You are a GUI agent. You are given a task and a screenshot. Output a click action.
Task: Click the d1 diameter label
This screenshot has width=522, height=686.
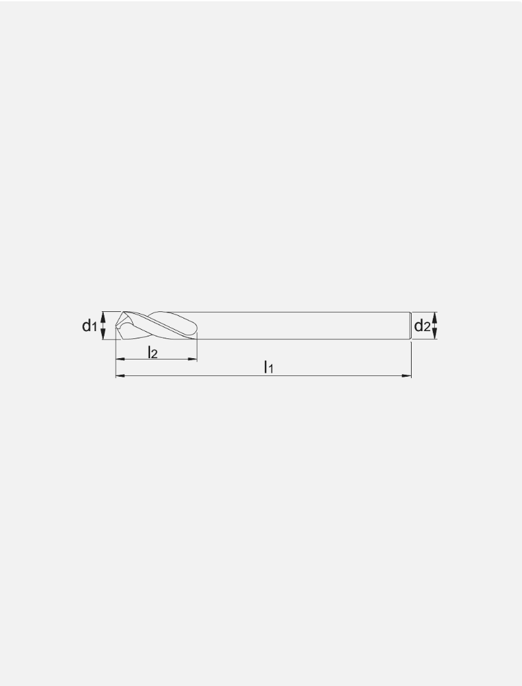[x=89, y=326]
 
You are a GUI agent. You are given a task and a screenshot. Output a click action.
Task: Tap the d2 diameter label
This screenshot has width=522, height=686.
[x=422, y=326]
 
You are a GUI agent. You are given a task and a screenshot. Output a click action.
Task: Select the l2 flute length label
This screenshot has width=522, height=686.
[x=152, y=352]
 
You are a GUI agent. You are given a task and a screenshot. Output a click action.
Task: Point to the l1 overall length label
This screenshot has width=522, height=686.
[x=268, y=367]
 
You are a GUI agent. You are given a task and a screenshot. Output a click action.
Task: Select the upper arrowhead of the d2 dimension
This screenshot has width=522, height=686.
[x=435, y=317]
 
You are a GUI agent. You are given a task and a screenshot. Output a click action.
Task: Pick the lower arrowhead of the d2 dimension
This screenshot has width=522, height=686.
[x=435, y=334]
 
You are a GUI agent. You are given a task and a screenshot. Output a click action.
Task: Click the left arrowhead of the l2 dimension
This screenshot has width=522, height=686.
[x=120, y=359]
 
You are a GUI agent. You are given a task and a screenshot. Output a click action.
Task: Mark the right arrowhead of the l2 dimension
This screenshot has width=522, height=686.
[x=192, y=359]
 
